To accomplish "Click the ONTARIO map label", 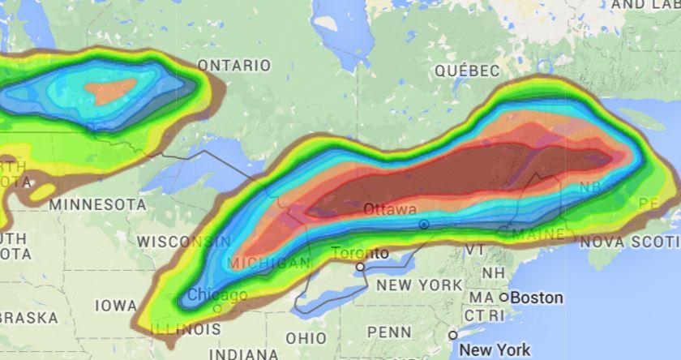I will click(x=234, y=65).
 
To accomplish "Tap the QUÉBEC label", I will click(x=467, y=71).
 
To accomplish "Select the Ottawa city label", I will click(x=390, y=209).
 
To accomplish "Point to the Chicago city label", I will click(x=217, y=295).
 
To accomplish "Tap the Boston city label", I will click(x=536, y=298).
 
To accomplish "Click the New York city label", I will click(x=495, y=350).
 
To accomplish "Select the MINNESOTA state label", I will click(x=97, y=204).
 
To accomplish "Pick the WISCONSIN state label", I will click(x=183, y=242).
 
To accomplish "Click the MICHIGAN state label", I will click(x=269, y=264).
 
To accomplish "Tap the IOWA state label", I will click(x=116, y=306).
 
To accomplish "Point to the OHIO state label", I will click(x=306, y=337).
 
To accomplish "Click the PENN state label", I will click(x=389, y=332).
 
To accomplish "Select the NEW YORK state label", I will click(x=419, y=285).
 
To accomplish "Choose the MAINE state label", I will click(x=538, y=234).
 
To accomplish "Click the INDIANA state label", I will click(x=243, y=354).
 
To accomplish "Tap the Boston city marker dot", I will click(x=503, y=298).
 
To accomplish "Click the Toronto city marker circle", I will click(x=361, y=266).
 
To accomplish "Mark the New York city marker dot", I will click(x=453, y=335).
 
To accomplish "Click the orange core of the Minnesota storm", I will click(x=111, y=91).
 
